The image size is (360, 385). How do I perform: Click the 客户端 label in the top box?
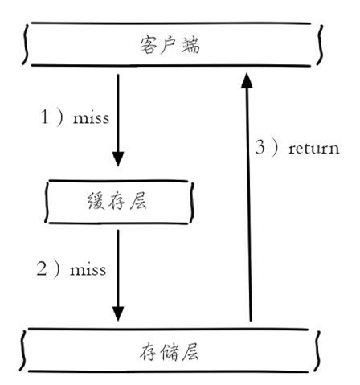coord(170,45)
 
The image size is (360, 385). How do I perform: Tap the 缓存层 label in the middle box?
coord(117,201)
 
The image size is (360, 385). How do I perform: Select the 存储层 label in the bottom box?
coord(169,351)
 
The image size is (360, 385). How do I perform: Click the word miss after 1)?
coord(91,118)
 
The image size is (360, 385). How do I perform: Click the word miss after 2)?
coord(88,269)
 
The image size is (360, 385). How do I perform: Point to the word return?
coord(314,148)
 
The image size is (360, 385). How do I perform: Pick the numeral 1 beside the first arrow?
coord(44,117)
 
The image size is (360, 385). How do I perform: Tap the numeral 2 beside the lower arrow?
coord(42,268)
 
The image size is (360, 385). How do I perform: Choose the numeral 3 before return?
coord(260,147)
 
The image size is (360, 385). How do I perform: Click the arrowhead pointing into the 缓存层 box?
coord(118,159)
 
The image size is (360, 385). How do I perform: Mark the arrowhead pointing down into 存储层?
coord(118,314)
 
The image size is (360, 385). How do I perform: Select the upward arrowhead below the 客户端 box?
coord(247,80)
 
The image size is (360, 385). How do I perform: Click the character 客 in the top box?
coord(148,45)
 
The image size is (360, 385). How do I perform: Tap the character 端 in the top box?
coord(190,45)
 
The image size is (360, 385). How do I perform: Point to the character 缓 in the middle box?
coord(96,201)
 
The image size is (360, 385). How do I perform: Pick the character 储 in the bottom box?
coord(170,351)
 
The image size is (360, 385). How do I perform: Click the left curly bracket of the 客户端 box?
coord(25,44)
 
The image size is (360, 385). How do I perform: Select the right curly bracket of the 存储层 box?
coord(318,351)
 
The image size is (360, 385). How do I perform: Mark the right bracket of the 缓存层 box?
coord(191,203)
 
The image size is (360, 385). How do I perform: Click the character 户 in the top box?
coord(169,45)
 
